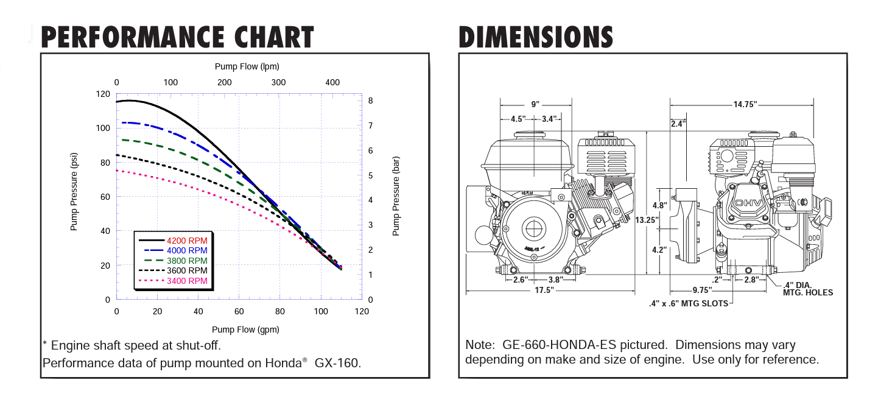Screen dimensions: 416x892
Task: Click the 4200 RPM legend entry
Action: (187, 241)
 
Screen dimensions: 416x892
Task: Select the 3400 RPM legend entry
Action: (187, 281)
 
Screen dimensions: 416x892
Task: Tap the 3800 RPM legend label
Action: (187, 261)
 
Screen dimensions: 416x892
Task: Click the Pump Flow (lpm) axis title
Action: (247, 66)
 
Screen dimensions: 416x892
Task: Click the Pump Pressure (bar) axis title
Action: (396, 197)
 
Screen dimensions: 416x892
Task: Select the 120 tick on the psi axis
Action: (104, 94)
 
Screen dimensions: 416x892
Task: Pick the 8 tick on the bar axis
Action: (370, 100)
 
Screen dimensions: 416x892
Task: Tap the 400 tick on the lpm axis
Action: (332, 82)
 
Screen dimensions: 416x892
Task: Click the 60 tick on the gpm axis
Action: (239, 311)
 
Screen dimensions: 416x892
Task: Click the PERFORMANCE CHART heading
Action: (177, 37)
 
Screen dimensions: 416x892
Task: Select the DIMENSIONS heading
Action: (536, 37)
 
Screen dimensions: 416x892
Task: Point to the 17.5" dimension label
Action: (544, 291)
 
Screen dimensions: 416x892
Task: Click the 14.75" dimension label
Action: (745, 105)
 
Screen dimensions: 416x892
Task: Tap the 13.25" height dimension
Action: (647, 220)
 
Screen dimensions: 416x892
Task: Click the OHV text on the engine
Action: (745, 203)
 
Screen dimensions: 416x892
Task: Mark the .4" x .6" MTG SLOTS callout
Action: (688, 303)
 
